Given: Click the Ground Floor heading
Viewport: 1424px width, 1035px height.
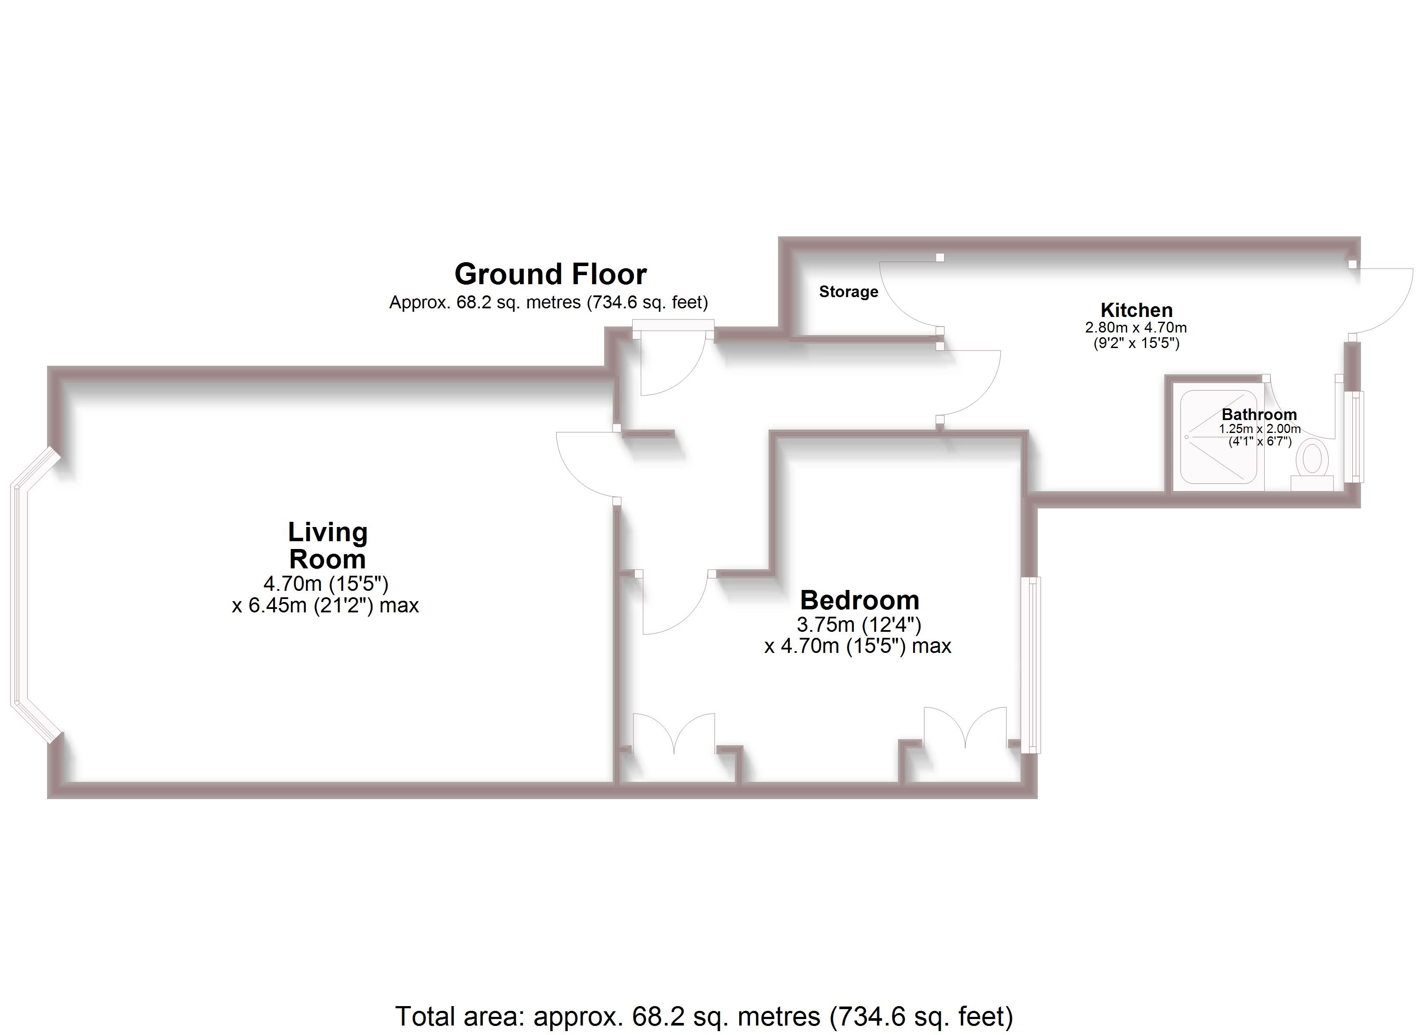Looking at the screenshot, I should click(550, 274).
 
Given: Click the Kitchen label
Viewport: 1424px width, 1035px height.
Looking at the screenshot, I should click(1137, 310).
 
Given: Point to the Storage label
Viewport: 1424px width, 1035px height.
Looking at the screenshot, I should click(848, 292).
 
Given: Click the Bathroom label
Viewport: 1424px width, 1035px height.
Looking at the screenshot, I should click(1259, 414).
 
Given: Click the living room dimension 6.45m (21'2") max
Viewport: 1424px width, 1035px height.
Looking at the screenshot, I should click(325, 605).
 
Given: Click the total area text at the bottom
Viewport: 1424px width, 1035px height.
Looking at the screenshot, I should click(704, 1016).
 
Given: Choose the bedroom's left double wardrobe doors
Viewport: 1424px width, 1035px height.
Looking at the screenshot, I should click(674, 732).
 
